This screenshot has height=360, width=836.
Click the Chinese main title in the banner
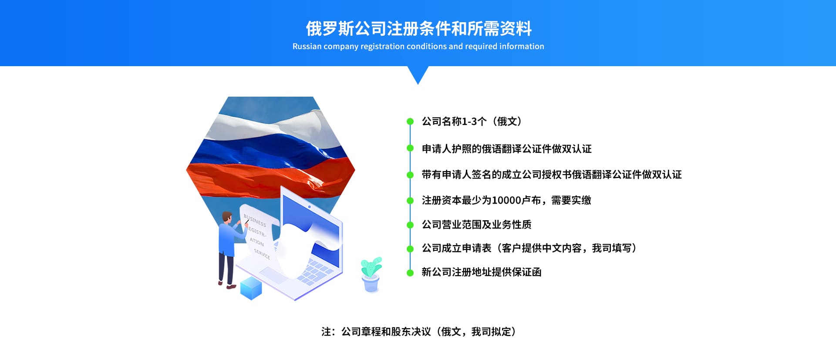(x=418, y=29)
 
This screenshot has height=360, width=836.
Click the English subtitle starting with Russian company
(x=418, y=47)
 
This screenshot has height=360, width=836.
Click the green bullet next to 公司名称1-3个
(x=410, y=121)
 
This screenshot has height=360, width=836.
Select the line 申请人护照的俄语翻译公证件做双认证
(x=506, y=149)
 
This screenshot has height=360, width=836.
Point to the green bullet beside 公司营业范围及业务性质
(x=410, y=225)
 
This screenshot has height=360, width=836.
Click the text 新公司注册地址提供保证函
(x=481, y=272)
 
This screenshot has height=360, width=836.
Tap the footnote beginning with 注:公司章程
(x=418, y=332)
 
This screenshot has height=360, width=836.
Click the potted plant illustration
(x=371, y=273)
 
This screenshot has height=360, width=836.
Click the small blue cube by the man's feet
(x=251, y=288)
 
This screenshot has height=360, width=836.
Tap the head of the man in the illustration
(x=227, y=216)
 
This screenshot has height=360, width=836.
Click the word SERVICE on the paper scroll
(x=262, y=254)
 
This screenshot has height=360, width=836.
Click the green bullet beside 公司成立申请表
(x=410, y=249)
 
